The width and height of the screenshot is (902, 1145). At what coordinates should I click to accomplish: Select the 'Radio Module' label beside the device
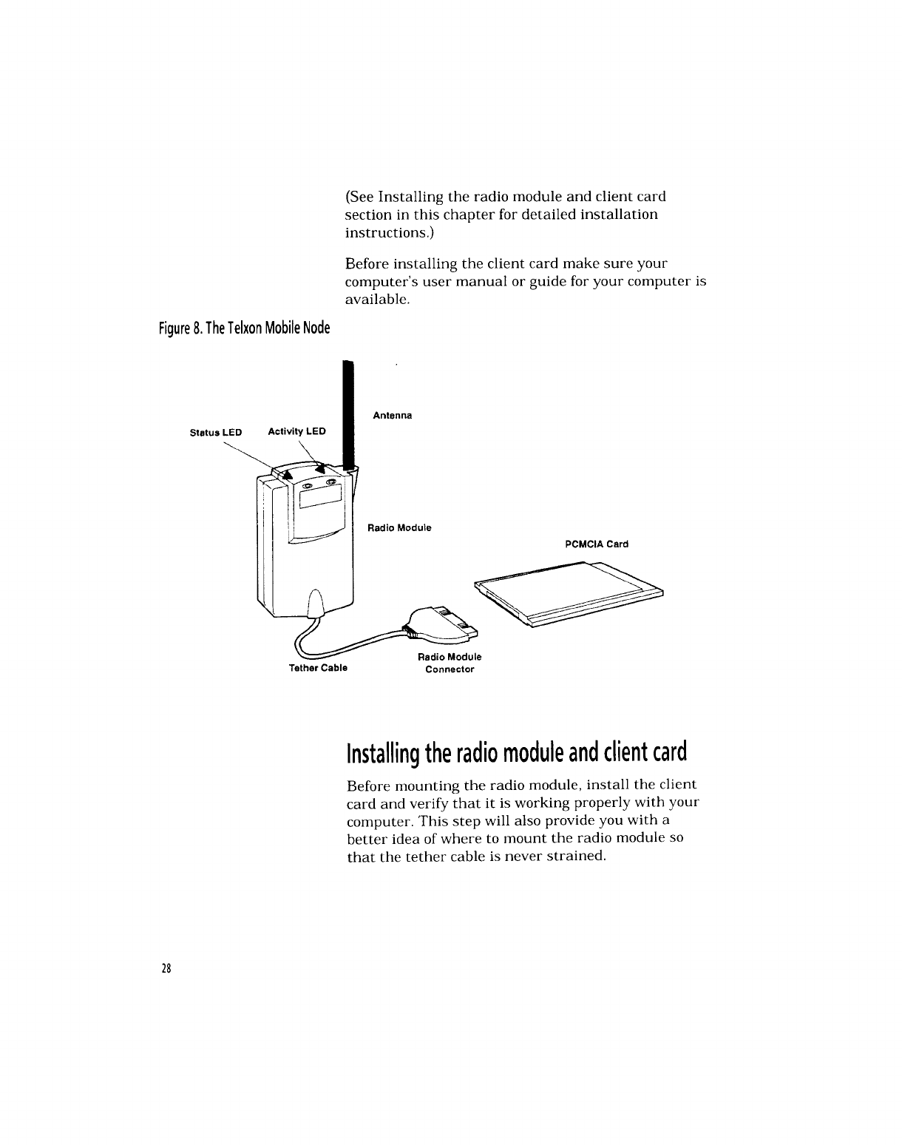399,528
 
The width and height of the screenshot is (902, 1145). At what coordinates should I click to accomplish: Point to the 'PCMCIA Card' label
596,544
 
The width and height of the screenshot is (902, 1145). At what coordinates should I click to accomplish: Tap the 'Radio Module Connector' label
450,663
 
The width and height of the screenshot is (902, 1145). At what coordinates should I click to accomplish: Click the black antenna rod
348,414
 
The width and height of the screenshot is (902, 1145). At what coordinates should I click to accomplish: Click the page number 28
167,969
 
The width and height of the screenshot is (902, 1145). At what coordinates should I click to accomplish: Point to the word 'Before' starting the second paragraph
364,264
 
